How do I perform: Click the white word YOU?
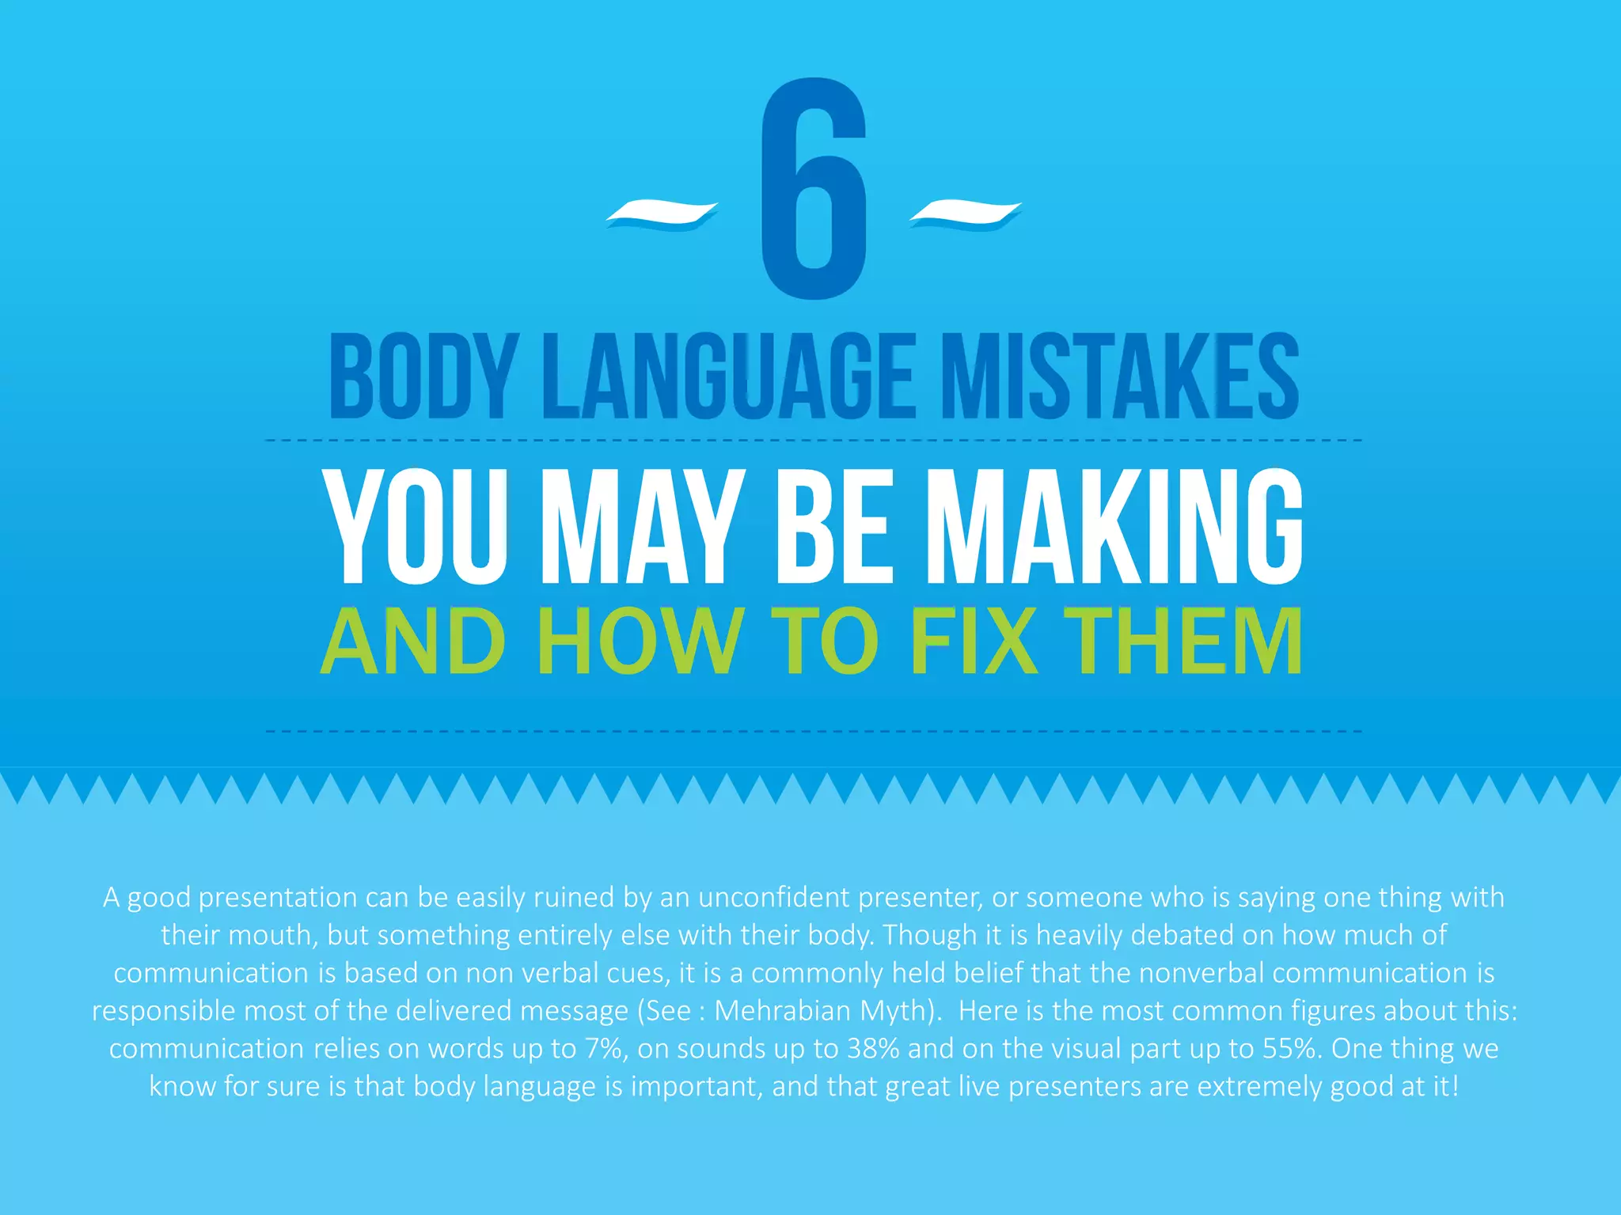tap(417, 527)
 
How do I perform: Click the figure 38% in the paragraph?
tap(872, 1048)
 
